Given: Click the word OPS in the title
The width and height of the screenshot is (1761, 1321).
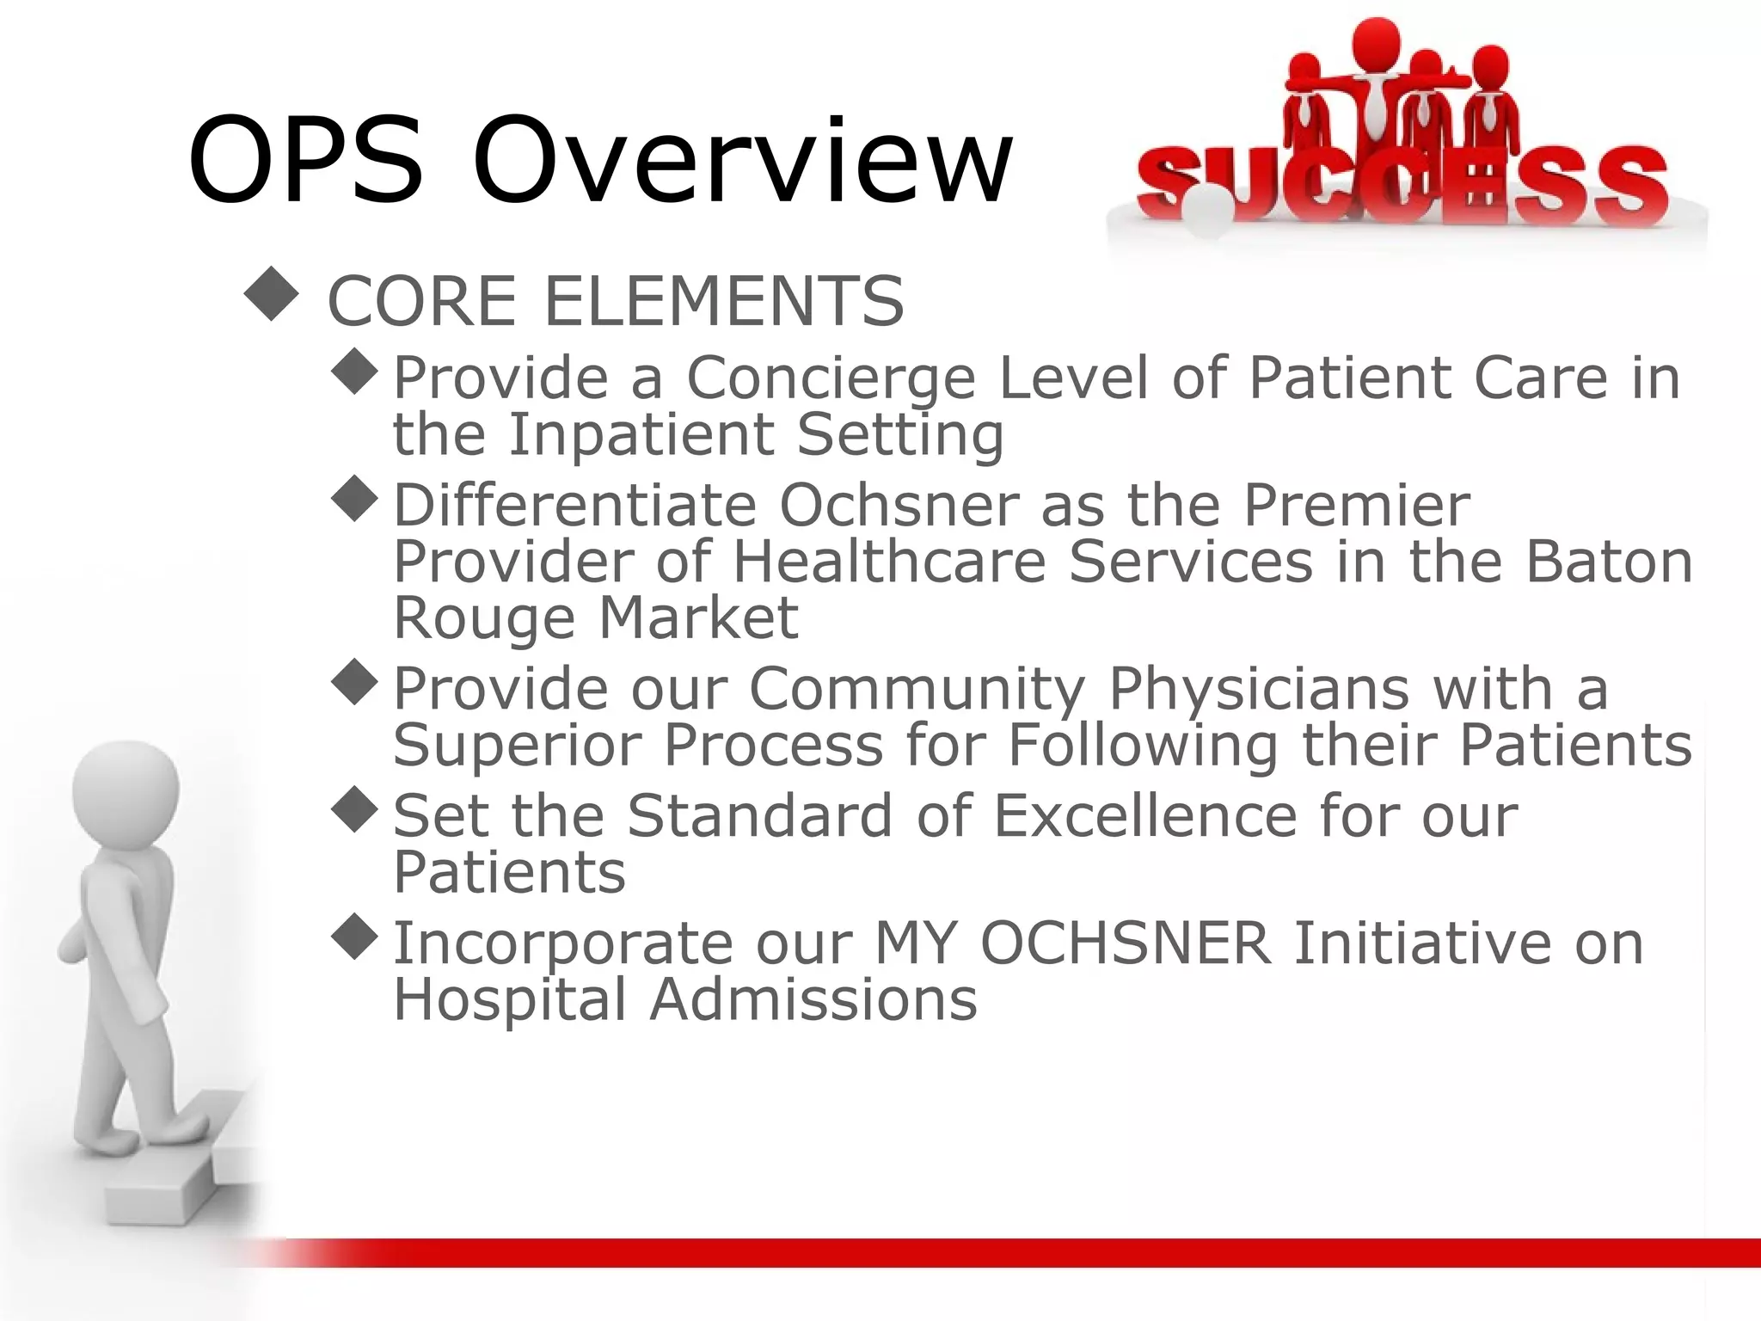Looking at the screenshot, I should tap(305, 161).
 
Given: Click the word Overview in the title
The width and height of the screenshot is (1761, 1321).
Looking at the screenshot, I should tap(742, 161).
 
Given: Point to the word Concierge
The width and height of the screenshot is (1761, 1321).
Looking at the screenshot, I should tap(831, 378).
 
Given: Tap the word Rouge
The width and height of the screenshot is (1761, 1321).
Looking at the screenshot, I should tap(484, 617).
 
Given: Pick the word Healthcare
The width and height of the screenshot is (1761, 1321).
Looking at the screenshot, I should tap(889, 562).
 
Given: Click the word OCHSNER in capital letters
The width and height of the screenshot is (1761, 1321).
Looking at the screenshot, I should tap(1125, 943).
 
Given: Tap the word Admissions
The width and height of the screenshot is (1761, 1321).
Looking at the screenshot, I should tap(813, 999).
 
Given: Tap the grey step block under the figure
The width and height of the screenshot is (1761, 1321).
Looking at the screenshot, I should tap(163, 1183).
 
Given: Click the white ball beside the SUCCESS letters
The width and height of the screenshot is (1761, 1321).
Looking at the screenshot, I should tap(1207, 212).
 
